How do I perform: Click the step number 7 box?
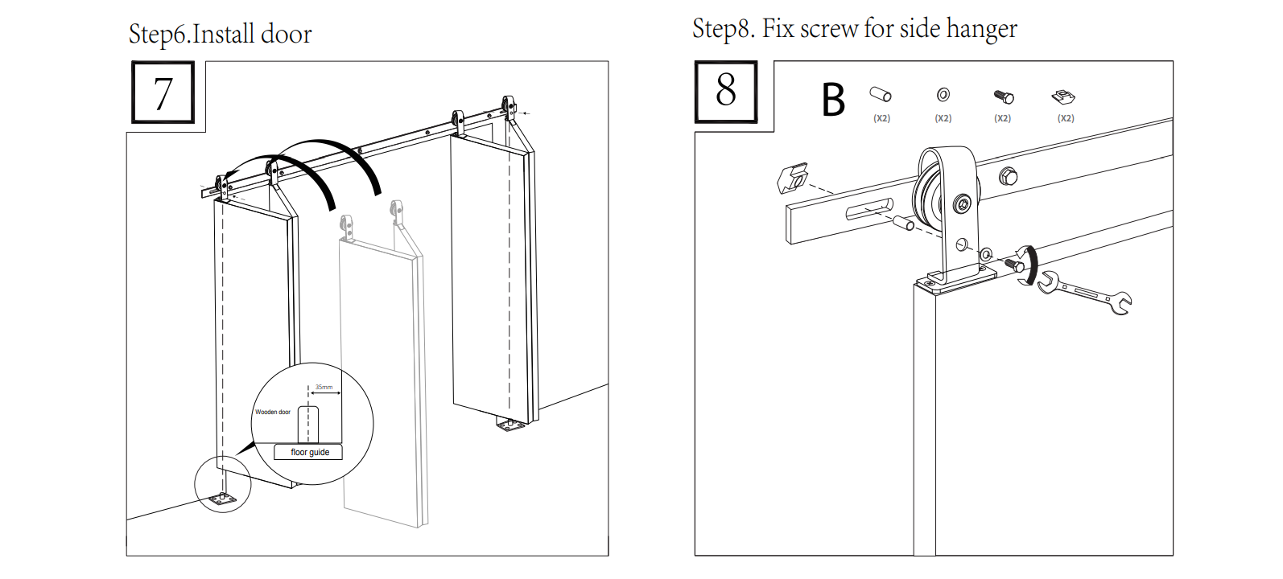(x=163, y=92)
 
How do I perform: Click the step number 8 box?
(x=726, y=91)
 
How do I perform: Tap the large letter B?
(x=833, y=101)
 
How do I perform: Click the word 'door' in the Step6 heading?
(x=286, y=35)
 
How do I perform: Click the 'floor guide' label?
(x=309, y=452)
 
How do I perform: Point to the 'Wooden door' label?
(x=273, y=412)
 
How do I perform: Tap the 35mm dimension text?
(x=324, y=387)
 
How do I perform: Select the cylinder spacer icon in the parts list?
(x=881, y=94)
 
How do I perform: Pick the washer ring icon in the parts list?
(x=943, y=95)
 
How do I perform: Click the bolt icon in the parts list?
(x=1003, y=96)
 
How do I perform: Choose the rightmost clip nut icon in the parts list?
(x=1064, y=96)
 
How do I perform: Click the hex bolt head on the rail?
(x=1008, y=175)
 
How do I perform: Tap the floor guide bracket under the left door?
(x=223, y=499)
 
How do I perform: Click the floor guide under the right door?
(x=507, y=425)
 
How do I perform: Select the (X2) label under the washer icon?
(x=943, y=118)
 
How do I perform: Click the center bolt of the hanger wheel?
(x=963, y=204)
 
